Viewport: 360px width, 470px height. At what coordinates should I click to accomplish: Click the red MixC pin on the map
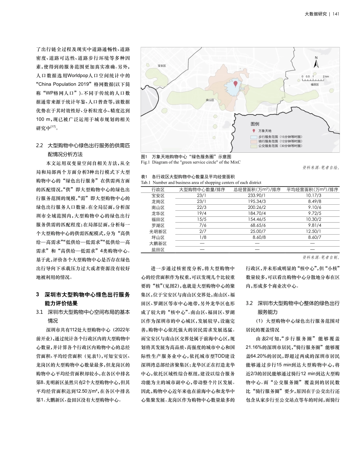(x=235, y=84)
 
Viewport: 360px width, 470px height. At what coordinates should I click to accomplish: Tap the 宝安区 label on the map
(x=162, y=66)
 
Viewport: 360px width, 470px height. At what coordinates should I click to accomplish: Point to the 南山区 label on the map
(x=210, y=100)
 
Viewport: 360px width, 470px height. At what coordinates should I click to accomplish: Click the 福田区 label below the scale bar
(x=315, y=85)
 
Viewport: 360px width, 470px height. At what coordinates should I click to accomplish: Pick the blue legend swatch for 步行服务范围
(x=254, y=136)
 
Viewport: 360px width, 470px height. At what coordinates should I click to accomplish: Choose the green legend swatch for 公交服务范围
(x=254, y=146)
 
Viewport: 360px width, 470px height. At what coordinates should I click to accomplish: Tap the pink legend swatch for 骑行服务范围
(x=254, y=141)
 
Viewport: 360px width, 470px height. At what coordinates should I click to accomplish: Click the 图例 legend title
(x=255, y=124)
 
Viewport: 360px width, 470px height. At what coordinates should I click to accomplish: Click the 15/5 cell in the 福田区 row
(x=201, y=219)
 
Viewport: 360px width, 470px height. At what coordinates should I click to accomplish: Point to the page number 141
(x=335, y=14)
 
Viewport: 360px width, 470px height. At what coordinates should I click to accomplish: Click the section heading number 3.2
(x=250, y=304)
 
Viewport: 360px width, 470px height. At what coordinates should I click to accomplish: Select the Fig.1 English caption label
(x=146, y=162)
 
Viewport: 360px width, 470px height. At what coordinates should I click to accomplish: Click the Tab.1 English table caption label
(x=146, y=183)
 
